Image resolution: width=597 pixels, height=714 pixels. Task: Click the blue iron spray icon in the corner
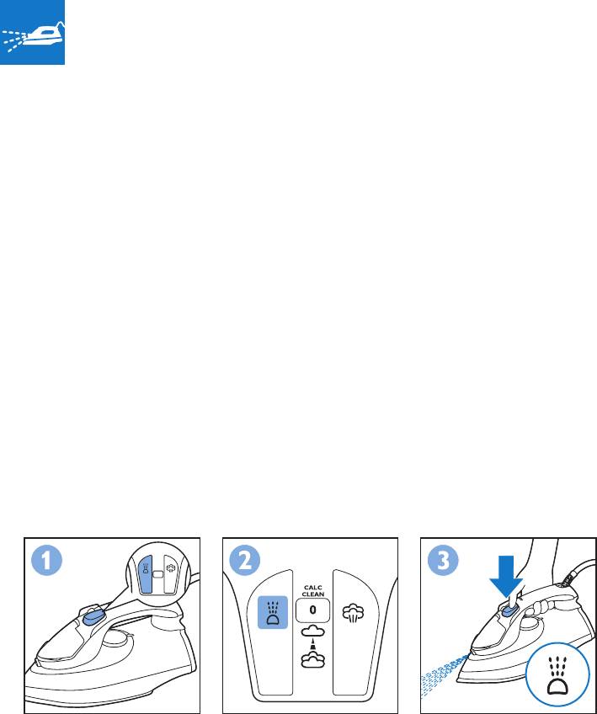point(32,32)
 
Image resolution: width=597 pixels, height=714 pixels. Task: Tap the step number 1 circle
point(46,561)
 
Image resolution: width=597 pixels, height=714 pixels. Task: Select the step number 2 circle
point(245,561)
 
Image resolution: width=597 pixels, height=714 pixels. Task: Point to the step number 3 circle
point(443,561)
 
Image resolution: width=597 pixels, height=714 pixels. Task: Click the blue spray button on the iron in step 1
point(94,617)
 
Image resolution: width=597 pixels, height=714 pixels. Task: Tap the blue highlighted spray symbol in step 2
point(273,612)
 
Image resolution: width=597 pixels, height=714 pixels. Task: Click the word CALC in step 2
point(313,588)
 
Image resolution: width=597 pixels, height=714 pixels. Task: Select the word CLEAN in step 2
point(313,594)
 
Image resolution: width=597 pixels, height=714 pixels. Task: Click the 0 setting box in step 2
point(312,610)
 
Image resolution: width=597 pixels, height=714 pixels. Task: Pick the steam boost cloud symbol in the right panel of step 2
point(353,613)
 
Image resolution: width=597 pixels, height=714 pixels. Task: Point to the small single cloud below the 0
point(313,631)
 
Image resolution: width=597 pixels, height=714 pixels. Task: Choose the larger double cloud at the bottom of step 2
point(313,659)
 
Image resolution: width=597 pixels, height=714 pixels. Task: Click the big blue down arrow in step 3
point(506,576)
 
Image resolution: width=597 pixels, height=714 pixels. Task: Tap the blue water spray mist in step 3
point(444,675)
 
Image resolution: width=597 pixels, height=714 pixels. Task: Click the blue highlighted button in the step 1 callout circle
point(146,574)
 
